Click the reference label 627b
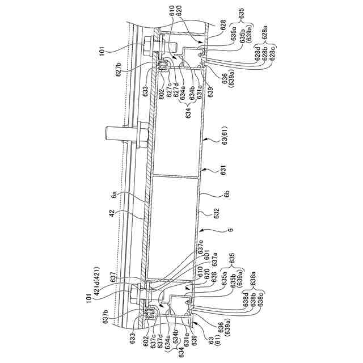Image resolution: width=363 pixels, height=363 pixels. pyautogui.click(x=119, y=70)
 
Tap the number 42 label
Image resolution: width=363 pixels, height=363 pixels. pyautogui.click(x=113, y=214)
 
